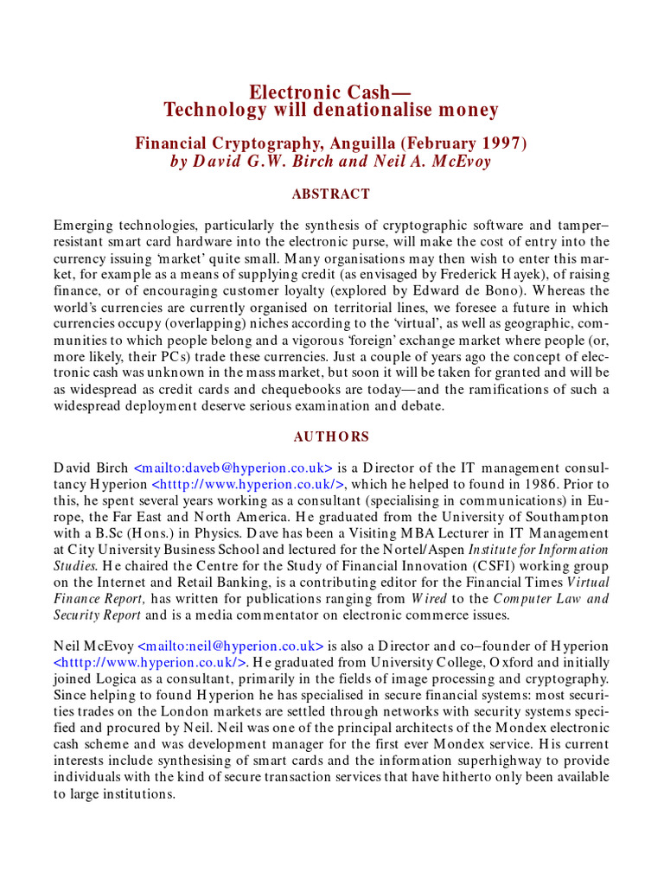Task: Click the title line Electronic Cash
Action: coord(330,92)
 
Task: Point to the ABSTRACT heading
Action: coord(331,194)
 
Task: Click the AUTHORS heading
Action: coord(331,436)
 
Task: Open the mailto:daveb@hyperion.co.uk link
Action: coord(233,468)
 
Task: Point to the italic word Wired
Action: coord(430,599)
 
